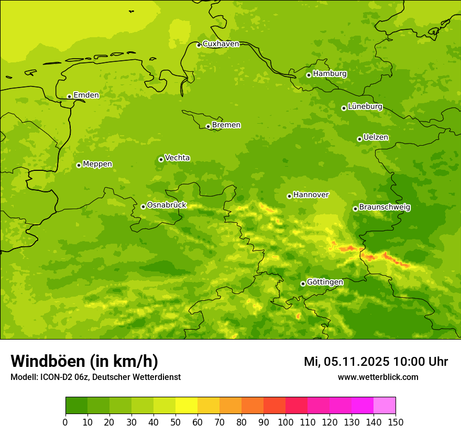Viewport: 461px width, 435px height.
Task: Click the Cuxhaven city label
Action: (221, 44)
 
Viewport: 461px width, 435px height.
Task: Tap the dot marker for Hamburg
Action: (309, 75)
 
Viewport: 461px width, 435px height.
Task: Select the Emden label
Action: (86, 95)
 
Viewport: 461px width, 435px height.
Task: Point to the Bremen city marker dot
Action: (208, 126)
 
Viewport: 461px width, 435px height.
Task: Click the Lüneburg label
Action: (365, 106)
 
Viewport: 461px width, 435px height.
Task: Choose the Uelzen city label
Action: (376, 137)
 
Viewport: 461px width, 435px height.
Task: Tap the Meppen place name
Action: (97, 164)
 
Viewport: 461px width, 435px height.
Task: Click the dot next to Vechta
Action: (161, 159)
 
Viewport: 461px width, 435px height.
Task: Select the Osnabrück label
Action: (167, 205)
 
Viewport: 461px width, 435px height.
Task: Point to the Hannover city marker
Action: (289, 196)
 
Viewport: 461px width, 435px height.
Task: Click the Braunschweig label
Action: (385, 208)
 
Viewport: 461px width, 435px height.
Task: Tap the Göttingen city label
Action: (325, 282)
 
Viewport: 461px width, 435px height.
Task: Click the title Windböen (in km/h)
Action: (84, 361)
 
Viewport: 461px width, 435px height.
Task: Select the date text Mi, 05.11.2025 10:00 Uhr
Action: (376, 362)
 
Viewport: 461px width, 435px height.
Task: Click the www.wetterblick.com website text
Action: (378, 377)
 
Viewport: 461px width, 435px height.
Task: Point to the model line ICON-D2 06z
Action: (95, 377)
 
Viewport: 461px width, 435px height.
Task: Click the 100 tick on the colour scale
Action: (286, 421)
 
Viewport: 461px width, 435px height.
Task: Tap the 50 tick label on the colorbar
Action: (175, 421)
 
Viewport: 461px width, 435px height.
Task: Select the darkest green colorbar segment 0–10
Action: (76, 405)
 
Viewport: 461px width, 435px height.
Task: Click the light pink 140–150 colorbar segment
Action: (385, 405)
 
